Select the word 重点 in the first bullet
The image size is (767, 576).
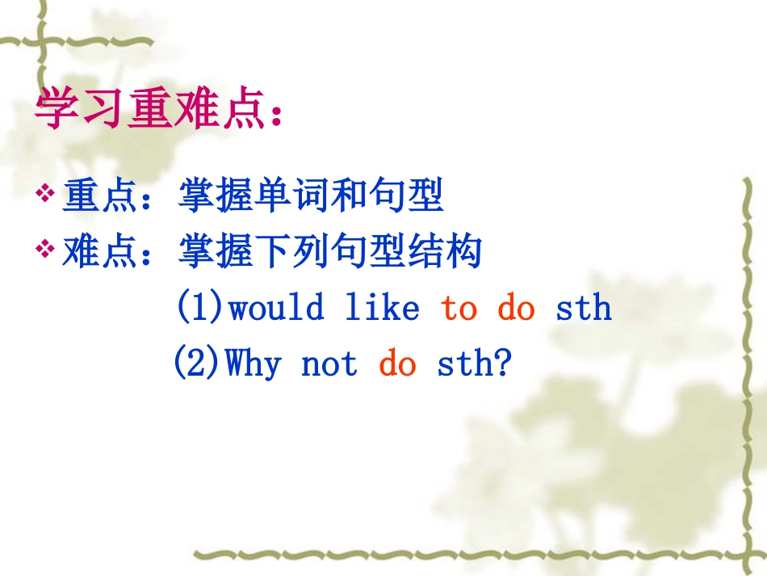point(90,196)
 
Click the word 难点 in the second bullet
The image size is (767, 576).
point(90,251)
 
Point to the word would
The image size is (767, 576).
point(277,308)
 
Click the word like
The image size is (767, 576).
point(382,308)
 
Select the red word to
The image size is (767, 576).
point(459,308)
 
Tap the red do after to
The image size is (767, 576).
point(516,308)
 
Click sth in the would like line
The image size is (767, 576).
point(584,308)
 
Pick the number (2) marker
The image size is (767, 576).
point(198,364)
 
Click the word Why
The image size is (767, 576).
point(254,364)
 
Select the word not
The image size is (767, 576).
point(329,364)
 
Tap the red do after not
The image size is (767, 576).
point(397,364)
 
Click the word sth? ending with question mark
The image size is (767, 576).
point(475,364)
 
